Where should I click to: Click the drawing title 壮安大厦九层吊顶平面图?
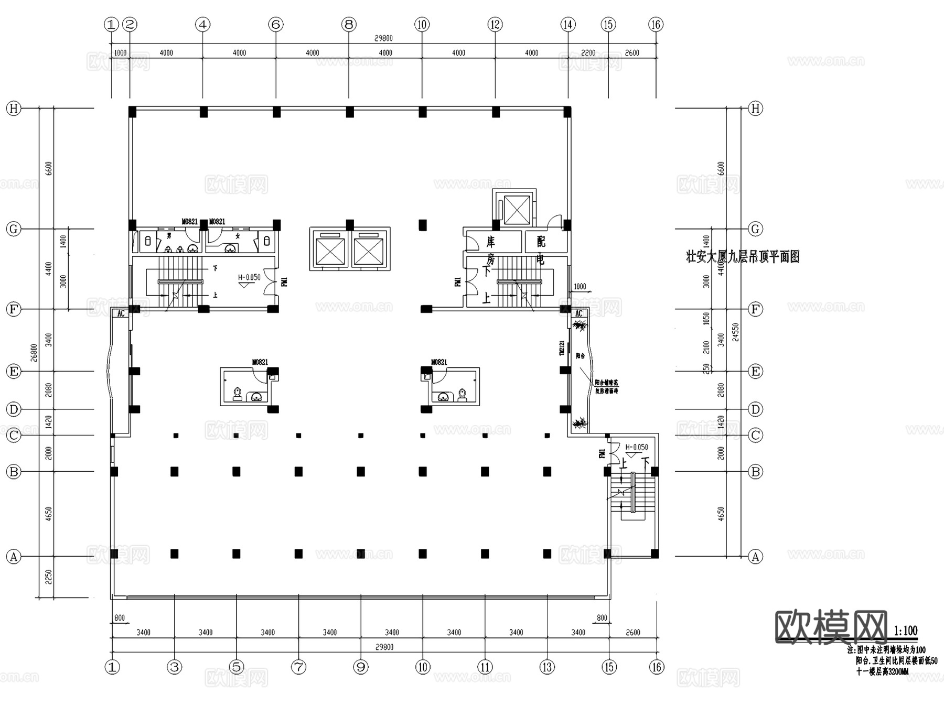pyautogui.click(x=743, y=257)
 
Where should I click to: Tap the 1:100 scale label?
pyautogui.click(x=905, y=631)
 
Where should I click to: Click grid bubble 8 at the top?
pyautogui.click(x=349, y=24)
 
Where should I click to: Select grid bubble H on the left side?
pyautogui.click(x=14, y=108)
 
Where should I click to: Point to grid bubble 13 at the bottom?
pyautogui.click(x=547, y=667)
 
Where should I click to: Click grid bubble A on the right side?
pyautogui.click(x=755, y=557)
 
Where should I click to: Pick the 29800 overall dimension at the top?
pyautogui.click(x=383, y=38)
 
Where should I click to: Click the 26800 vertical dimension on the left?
pyautogui.click(x=34, y=352)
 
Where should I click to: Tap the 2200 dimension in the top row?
pyautogui.click(x=588, y=53)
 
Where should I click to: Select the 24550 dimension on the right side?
pyautogui.click(x=736, y=332)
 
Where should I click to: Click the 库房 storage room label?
pyautogui.click(x=490, y=250)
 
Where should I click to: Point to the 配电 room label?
pyautogui.click(x=541, y=249)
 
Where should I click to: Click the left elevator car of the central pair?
pyautogui.click(x=330, y=252)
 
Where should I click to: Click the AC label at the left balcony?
pyautogui.click(x=121, y=313)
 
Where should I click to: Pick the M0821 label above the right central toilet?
pyautogui.click(x=439, y=362)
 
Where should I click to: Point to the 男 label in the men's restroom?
pyautogui.click(x=169, y=236)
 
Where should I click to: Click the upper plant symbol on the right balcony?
pyautogui.click(x=580, y=326)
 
